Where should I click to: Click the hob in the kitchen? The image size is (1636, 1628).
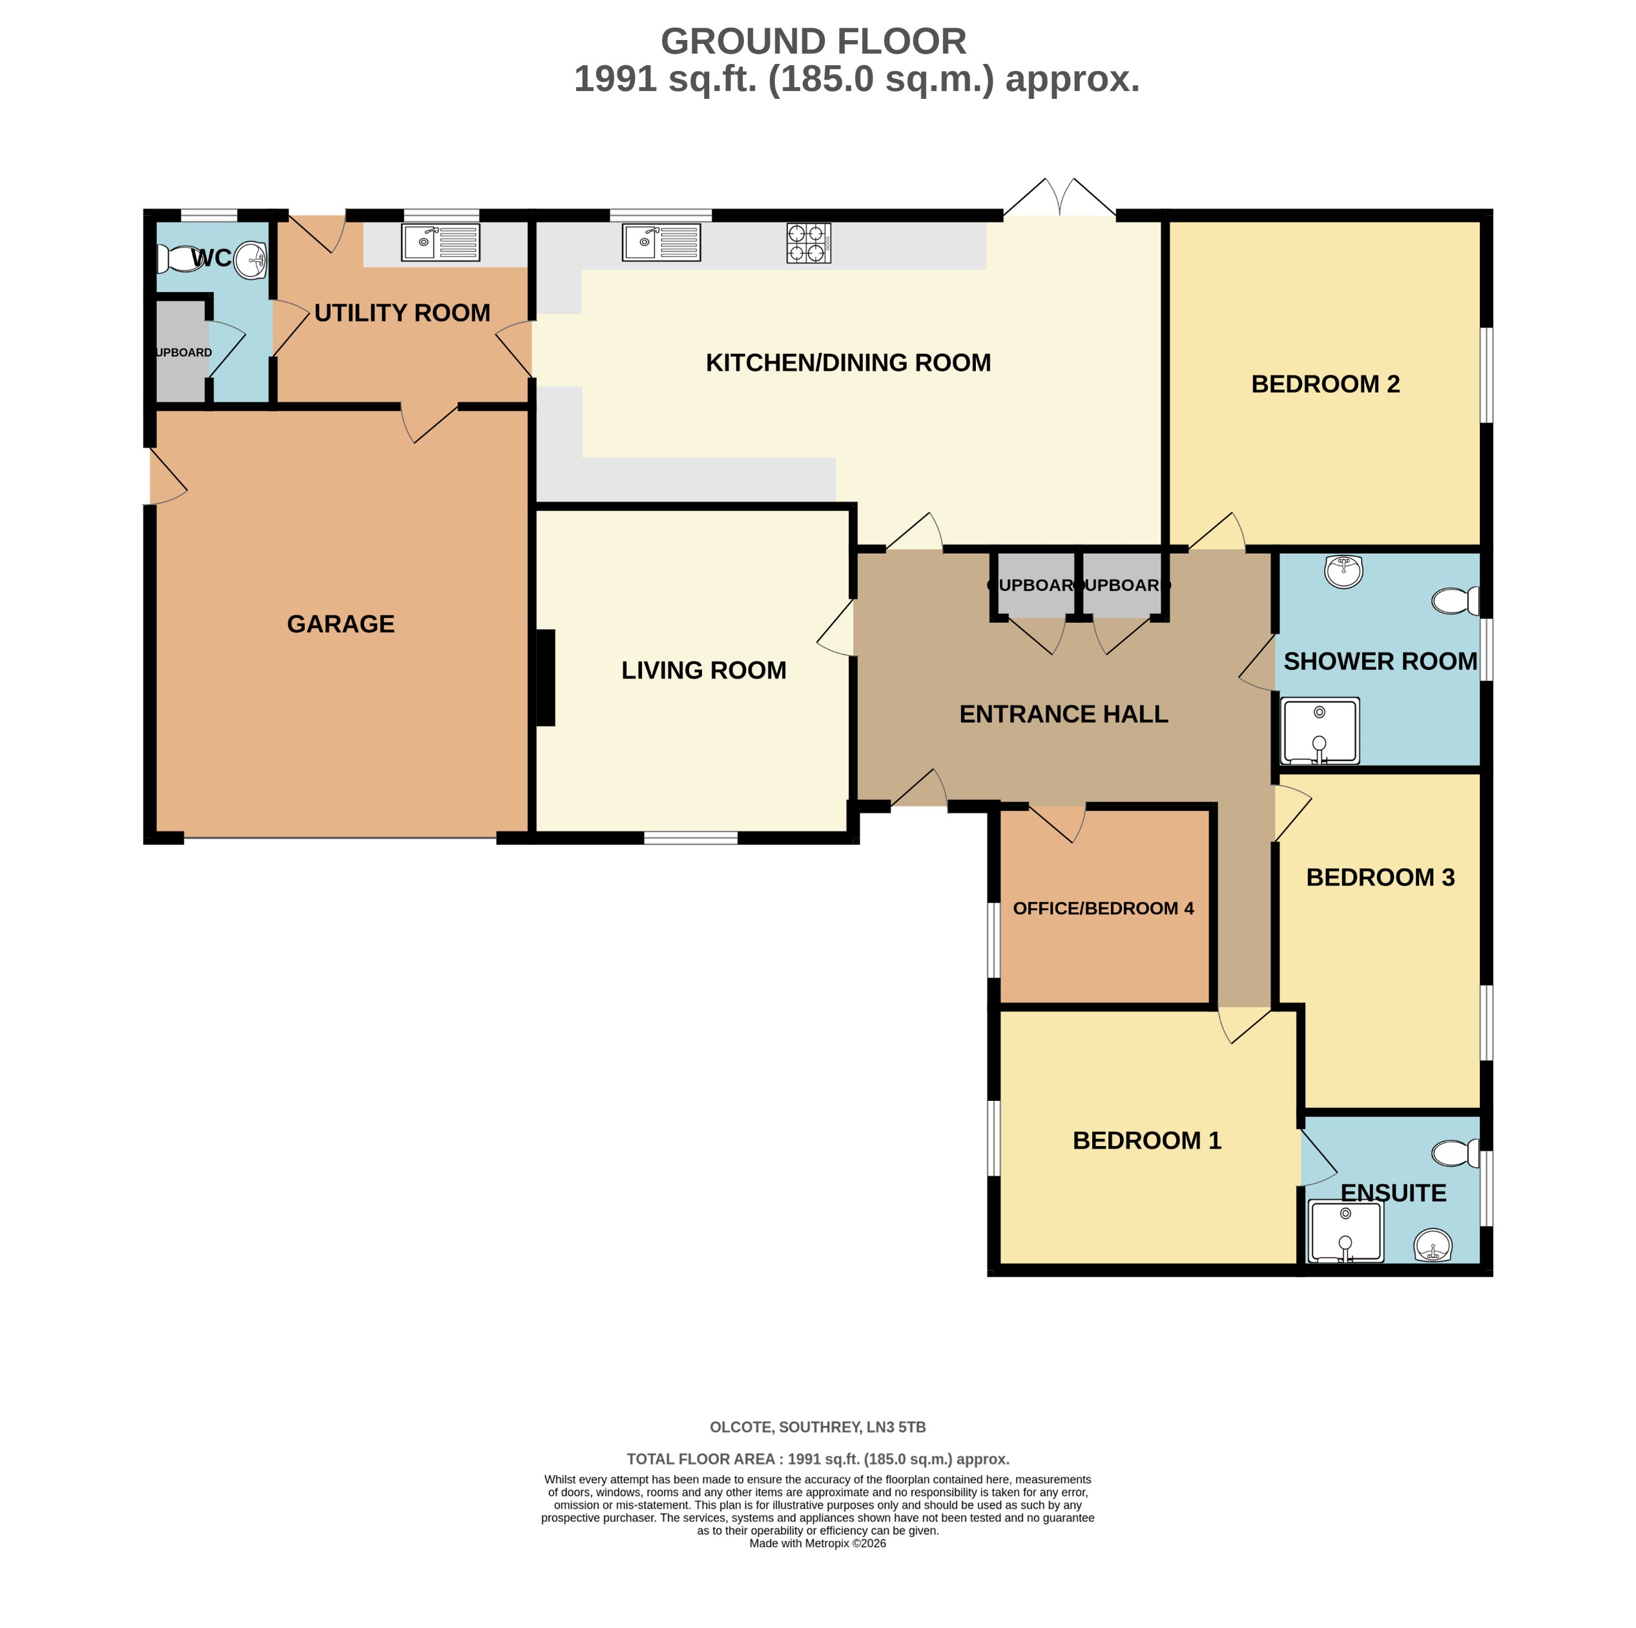pos(808,243)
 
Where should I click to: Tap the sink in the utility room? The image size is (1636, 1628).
pos(440,242)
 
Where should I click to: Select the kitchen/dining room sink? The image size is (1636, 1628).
pos(661,242)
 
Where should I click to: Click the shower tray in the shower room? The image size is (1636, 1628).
pos(1320,730)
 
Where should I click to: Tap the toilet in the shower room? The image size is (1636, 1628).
pos(1455,601)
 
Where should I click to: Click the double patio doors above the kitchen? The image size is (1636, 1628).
pos(1059,200)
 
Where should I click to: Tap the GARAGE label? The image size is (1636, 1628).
pos(340,624)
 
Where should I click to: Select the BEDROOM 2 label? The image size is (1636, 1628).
pos(1325,384)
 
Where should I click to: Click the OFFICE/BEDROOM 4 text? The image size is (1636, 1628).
pos(1103,909)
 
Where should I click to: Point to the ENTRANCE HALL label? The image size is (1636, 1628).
pos(1064,714)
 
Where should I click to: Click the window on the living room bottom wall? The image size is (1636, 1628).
pos(690,838)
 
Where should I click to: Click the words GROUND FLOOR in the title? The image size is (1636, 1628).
pos(813,41)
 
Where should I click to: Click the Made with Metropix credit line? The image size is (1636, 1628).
pos(817,1543)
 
